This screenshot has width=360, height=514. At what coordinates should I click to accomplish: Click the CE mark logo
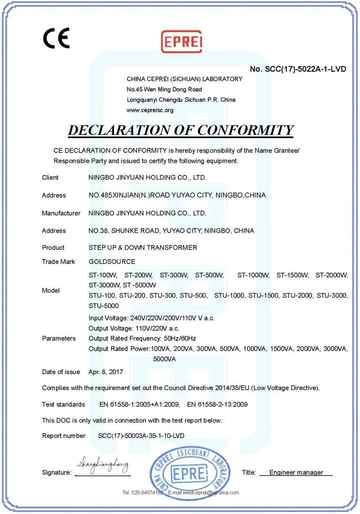coord(56,38)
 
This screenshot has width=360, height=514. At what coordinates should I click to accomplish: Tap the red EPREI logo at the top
coord(182,41)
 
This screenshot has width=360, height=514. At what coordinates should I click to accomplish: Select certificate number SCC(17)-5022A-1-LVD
coord(298,69)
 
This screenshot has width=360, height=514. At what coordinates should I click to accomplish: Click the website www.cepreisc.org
coord(150,110)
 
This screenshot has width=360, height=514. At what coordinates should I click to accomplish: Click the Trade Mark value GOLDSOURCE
coord(112,262)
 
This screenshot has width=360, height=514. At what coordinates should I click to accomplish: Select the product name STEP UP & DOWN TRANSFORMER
coord(143,247)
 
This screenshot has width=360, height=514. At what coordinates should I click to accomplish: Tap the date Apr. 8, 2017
coord(106,372)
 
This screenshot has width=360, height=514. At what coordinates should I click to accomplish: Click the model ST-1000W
coord(253,275)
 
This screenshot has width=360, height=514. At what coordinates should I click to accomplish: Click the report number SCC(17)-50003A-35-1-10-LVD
coord(138,436)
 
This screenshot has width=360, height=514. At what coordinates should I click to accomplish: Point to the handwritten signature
coord(102,466)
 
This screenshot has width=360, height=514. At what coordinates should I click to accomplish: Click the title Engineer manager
coord(296,473)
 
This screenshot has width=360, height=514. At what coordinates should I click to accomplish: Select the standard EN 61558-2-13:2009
coord(217,405)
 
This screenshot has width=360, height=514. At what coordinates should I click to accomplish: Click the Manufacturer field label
coord(61,213)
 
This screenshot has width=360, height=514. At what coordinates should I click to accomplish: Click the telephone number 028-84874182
coord(147,492)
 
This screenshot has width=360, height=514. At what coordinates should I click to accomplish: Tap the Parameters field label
coord(59,338)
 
